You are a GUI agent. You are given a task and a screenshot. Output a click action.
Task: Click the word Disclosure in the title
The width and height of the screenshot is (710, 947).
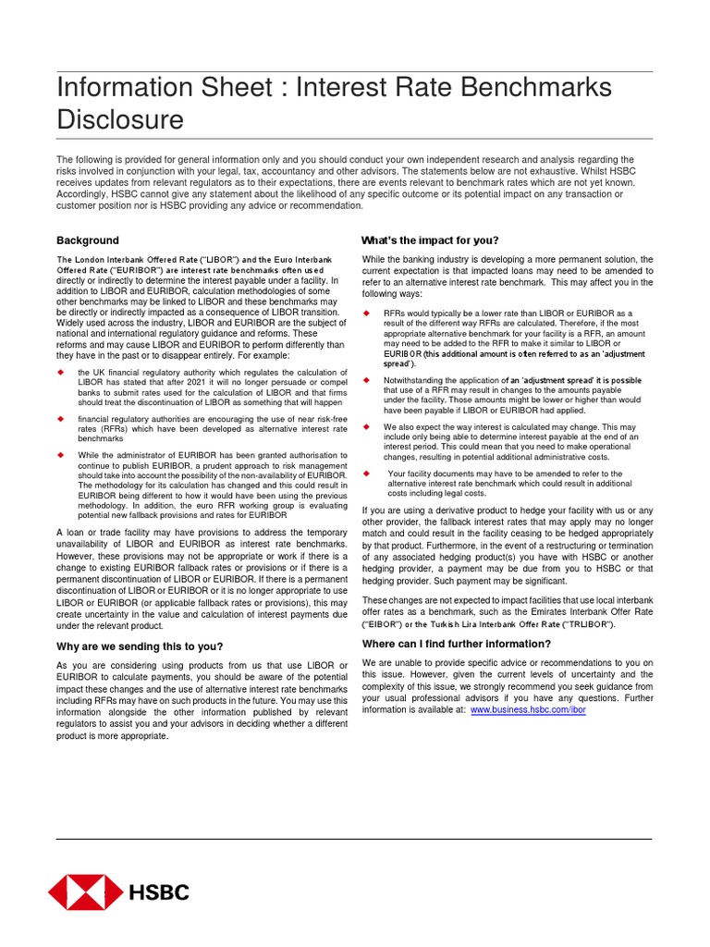(120, 120)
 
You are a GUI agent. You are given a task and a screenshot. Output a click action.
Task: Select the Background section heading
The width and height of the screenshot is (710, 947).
(88, 240)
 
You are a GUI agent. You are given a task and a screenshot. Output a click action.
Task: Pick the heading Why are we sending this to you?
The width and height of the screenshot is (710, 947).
(140, 646)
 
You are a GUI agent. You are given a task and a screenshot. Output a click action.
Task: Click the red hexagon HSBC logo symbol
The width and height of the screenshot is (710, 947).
(84, 892)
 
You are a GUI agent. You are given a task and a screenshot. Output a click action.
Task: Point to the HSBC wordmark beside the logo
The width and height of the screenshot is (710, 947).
(159, 892)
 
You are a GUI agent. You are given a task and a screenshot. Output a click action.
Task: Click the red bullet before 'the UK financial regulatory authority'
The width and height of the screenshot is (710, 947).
(60, 371)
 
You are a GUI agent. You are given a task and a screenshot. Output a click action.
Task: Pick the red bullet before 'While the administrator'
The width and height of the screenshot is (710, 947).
(60, 455)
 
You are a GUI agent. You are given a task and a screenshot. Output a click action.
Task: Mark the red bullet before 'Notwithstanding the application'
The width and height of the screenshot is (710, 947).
(365, 380)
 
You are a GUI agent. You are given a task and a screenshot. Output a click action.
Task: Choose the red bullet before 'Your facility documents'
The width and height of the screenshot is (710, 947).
(365, 473)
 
